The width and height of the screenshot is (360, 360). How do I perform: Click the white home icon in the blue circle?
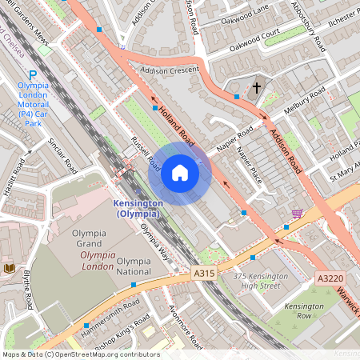click(x=180, y=174)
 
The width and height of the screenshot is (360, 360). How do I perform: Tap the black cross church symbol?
click(x=257, y=87)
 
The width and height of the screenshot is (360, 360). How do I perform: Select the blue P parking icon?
click(x=33, y=72)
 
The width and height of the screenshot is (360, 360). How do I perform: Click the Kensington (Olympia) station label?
click(x=140, y=209)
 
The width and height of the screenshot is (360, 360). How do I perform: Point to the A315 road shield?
click(x=204, y=274)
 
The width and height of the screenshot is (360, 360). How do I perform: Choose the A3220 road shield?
click(x=329, y=278)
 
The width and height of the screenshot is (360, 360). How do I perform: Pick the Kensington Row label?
click(x=304, y=311)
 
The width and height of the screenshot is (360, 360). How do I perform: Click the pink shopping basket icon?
click(x=298, y=214)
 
